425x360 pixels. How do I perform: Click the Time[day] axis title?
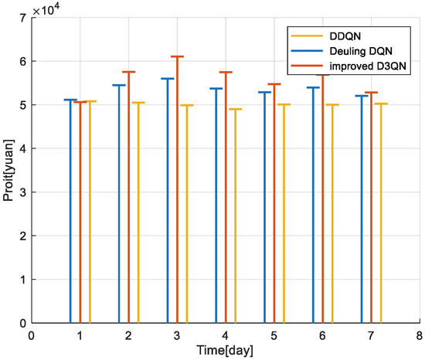pyautogui.click(x=224, y=351)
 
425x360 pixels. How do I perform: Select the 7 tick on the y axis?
pyautogui.click(x=20, y=18)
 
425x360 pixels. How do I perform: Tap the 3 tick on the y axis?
pyautogui.click(x=20, y=192)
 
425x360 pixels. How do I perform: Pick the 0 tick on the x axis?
pyautogui.click(x=32, y=335)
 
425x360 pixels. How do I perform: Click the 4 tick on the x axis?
pyautogui.click(x=225, y=335)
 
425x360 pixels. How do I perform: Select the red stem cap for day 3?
pyautogui.click(x=177, y=56)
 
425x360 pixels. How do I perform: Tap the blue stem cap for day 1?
pyautogui.click(x=70, y=100)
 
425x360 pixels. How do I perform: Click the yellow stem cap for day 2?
pyautogui.click(x=138, y=103)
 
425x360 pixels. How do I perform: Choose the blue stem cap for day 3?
pyautogui.click(x=167, y=79)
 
